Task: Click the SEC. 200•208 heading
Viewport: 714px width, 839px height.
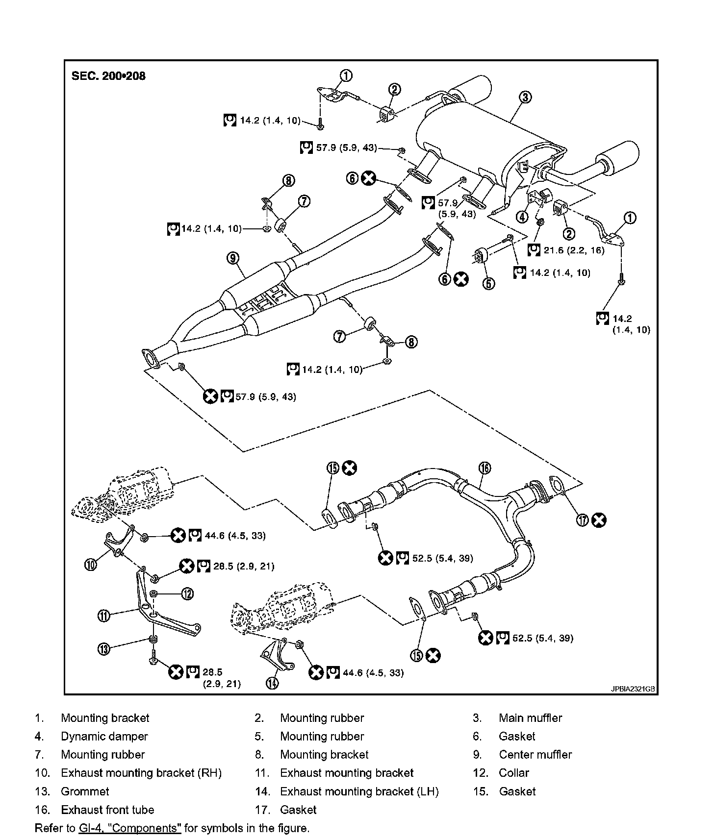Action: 108,76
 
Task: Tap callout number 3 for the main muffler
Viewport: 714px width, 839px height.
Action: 525,97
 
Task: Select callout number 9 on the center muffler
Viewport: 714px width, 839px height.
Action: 233,257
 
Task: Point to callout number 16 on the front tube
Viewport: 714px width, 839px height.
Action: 484,468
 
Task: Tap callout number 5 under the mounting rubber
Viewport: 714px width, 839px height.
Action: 488,283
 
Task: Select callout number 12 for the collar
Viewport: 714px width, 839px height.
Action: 187,594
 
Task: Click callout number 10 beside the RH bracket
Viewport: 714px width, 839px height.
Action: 91,565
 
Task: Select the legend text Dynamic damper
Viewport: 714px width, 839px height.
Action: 104,736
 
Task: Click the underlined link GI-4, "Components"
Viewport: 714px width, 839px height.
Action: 130,828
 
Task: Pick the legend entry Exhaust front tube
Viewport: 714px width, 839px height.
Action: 107,810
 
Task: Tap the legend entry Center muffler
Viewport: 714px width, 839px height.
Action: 535,755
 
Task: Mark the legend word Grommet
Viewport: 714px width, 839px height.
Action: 85,791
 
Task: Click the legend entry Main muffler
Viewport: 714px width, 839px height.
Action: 530,718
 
